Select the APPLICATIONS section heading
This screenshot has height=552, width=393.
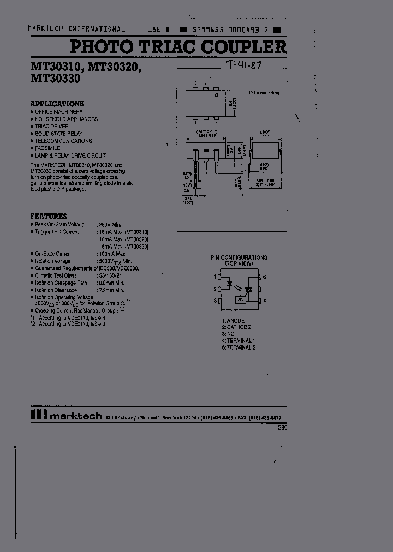click(57, 104)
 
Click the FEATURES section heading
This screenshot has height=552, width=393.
click(49, 216)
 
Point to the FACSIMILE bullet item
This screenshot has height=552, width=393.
click(47, 148)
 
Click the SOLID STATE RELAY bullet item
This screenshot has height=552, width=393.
click(59, 134)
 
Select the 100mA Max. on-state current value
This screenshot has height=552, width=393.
click(112, 254)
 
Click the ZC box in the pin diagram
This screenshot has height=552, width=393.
click(241, 299)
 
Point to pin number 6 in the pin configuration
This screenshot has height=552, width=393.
click(264, 277)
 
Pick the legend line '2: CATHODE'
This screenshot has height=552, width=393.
click(236, 327)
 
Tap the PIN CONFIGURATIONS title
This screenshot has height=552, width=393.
click(239, 257)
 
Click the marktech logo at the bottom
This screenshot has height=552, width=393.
click(65, 416)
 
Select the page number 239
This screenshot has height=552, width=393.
click(282, 428)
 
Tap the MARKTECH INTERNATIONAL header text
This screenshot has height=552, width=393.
click(76, 29)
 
